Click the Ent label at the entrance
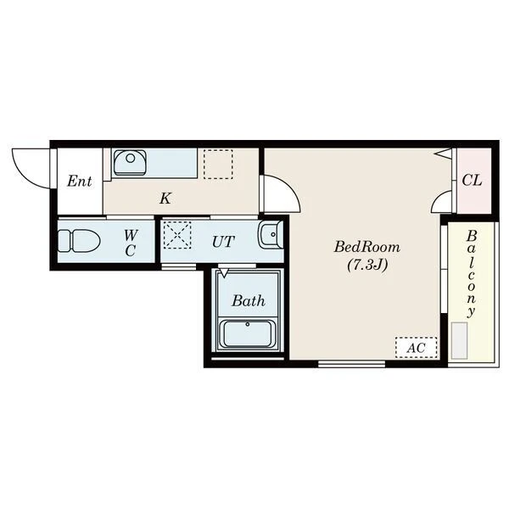pos(80,181)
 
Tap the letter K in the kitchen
pos(165,198)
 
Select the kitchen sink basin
pos(130,162)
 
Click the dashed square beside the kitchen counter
pos(218,164)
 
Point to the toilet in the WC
pos(79,241)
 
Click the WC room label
pos(131,243)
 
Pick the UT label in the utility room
pos(223,242)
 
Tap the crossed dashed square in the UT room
pos(177,235)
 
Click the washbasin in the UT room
pos(270,235)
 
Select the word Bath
pos(249,301)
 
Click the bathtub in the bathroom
pos(248,333)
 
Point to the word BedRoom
pos(367,247)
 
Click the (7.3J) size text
pos(367,266)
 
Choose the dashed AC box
pos(417,348)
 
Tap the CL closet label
pos(472,180)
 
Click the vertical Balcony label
pos(472,274)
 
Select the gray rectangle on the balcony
pos(459,340)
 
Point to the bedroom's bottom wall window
pos(351,364)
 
